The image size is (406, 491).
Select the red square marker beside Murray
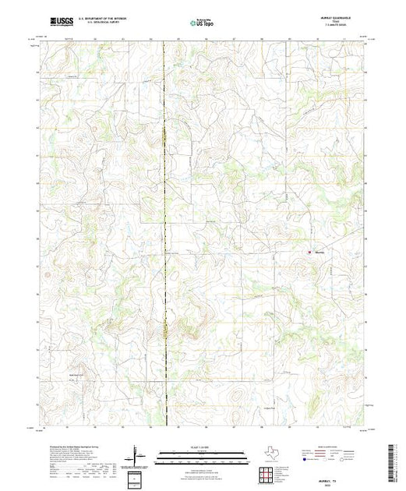click(x=309, y=252)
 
